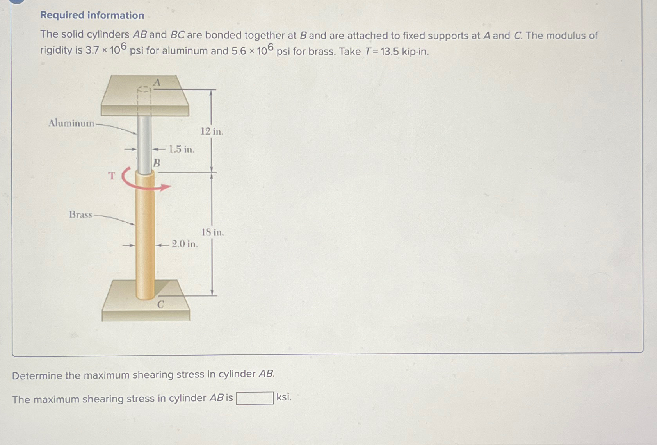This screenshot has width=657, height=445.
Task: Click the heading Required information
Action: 92,15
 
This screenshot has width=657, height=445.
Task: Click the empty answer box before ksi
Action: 255,398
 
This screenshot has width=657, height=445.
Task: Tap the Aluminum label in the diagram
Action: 71,123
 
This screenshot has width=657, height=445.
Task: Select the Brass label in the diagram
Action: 80,214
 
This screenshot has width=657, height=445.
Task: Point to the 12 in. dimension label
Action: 212,132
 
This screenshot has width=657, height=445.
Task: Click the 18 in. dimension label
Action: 212,232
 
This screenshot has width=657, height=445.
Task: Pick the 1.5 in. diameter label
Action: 181,149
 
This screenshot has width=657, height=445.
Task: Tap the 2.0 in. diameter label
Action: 185,244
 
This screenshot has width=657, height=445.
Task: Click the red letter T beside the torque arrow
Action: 112,176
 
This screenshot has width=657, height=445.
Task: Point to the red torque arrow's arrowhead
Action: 166,187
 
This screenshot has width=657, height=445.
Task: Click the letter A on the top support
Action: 157,82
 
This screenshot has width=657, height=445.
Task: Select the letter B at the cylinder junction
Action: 157,163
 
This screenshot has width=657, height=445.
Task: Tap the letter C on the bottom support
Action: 160,304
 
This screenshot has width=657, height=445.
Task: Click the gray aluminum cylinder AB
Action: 144,145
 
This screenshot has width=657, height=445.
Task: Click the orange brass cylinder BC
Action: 145,234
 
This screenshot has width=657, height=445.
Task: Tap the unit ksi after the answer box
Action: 284,397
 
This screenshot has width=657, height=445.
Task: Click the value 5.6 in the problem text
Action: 239,51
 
